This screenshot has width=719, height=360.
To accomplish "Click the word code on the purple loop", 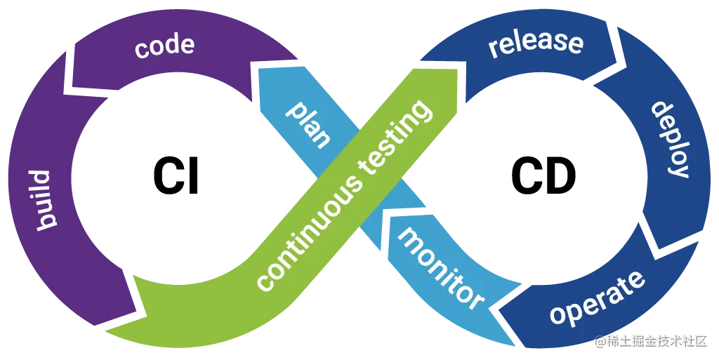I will point(164,47).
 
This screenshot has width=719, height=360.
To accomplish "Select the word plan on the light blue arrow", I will point(310,126).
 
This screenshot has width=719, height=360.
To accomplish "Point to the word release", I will point(536,43).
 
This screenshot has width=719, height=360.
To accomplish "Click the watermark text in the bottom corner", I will point(650,340).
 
